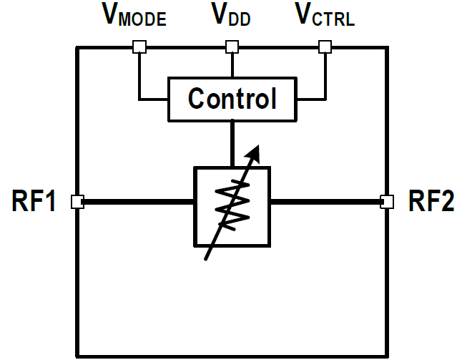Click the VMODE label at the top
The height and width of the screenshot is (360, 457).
[x=135, y=15]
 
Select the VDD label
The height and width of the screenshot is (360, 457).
[x=230, y=15]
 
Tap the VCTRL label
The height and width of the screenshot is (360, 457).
[x=325, y=15]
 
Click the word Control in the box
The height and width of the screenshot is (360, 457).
[x=232, y=99]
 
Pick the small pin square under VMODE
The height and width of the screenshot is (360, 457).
[x=139, y=47]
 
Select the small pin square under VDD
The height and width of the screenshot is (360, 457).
[x=231, y=47]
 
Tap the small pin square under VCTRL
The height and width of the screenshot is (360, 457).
[x=325, y=47]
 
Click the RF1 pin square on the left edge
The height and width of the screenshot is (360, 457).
[x=77, y=203]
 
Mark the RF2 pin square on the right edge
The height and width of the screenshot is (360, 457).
[x=387, y=202]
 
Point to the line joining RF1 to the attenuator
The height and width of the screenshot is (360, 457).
[x=136, y=203]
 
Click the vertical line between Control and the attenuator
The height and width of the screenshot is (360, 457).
[x=232, y=143]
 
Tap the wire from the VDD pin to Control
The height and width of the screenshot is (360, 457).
[x=231, y=64]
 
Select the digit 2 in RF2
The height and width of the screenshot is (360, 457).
[x=444, y=203]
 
